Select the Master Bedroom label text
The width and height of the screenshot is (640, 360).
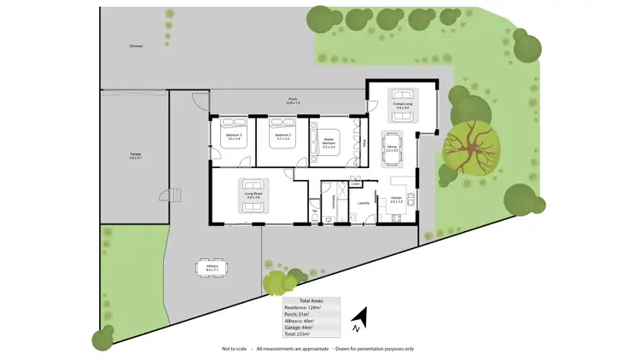pos(329,142)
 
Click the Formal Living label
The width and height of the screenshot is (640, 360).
pos(402,106)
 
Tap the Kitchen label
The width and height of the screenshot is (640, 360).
pos(396,200)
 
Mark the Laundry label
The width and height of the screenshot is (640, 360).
pos(363,203)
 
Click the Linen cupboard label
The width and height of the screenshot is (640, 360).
pos(355,183)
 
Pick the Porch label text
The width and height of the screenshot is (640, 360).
pos(292,100)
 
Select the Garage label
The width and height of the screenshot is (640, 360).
pos(135,156)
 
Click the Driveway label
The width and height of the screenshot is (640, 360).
pos(135,46)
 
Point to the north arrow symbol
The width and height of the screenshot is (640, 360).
pos(359,320)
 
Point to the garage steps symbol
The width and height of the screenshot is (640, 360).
pos(176,195)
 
